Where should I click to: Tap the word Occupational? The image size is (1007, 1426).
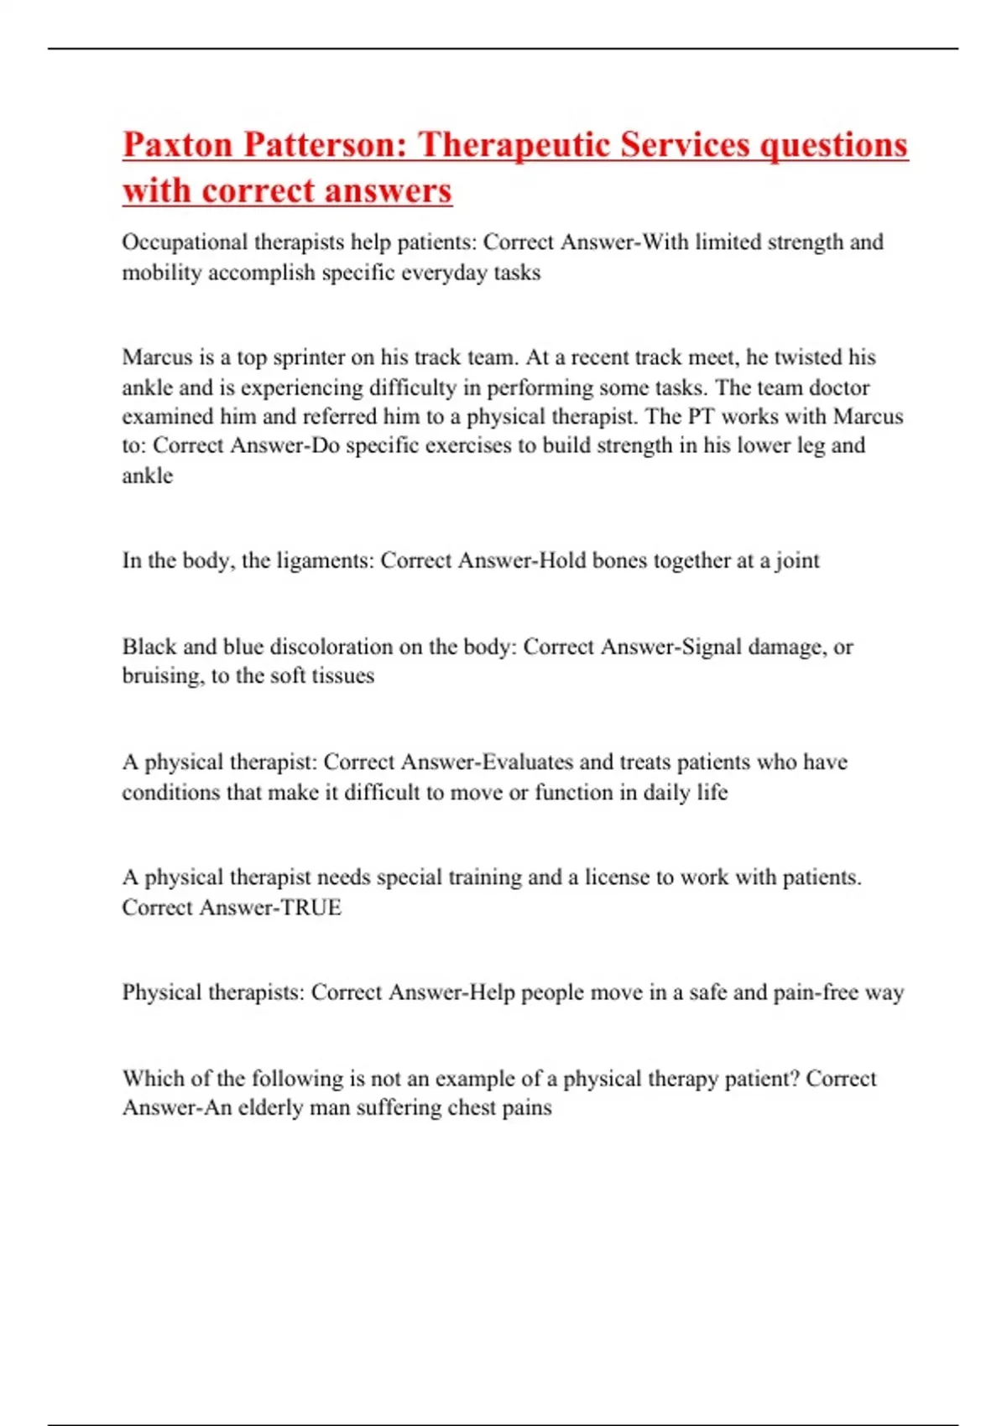pyautogui.click(x=185, y=242)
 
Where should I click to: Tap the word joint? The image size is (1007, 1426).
pyautogui.click(x=797, y=560)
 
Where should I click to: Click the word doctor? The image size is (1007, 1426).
pyautogui.click(x=840, y=388)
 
